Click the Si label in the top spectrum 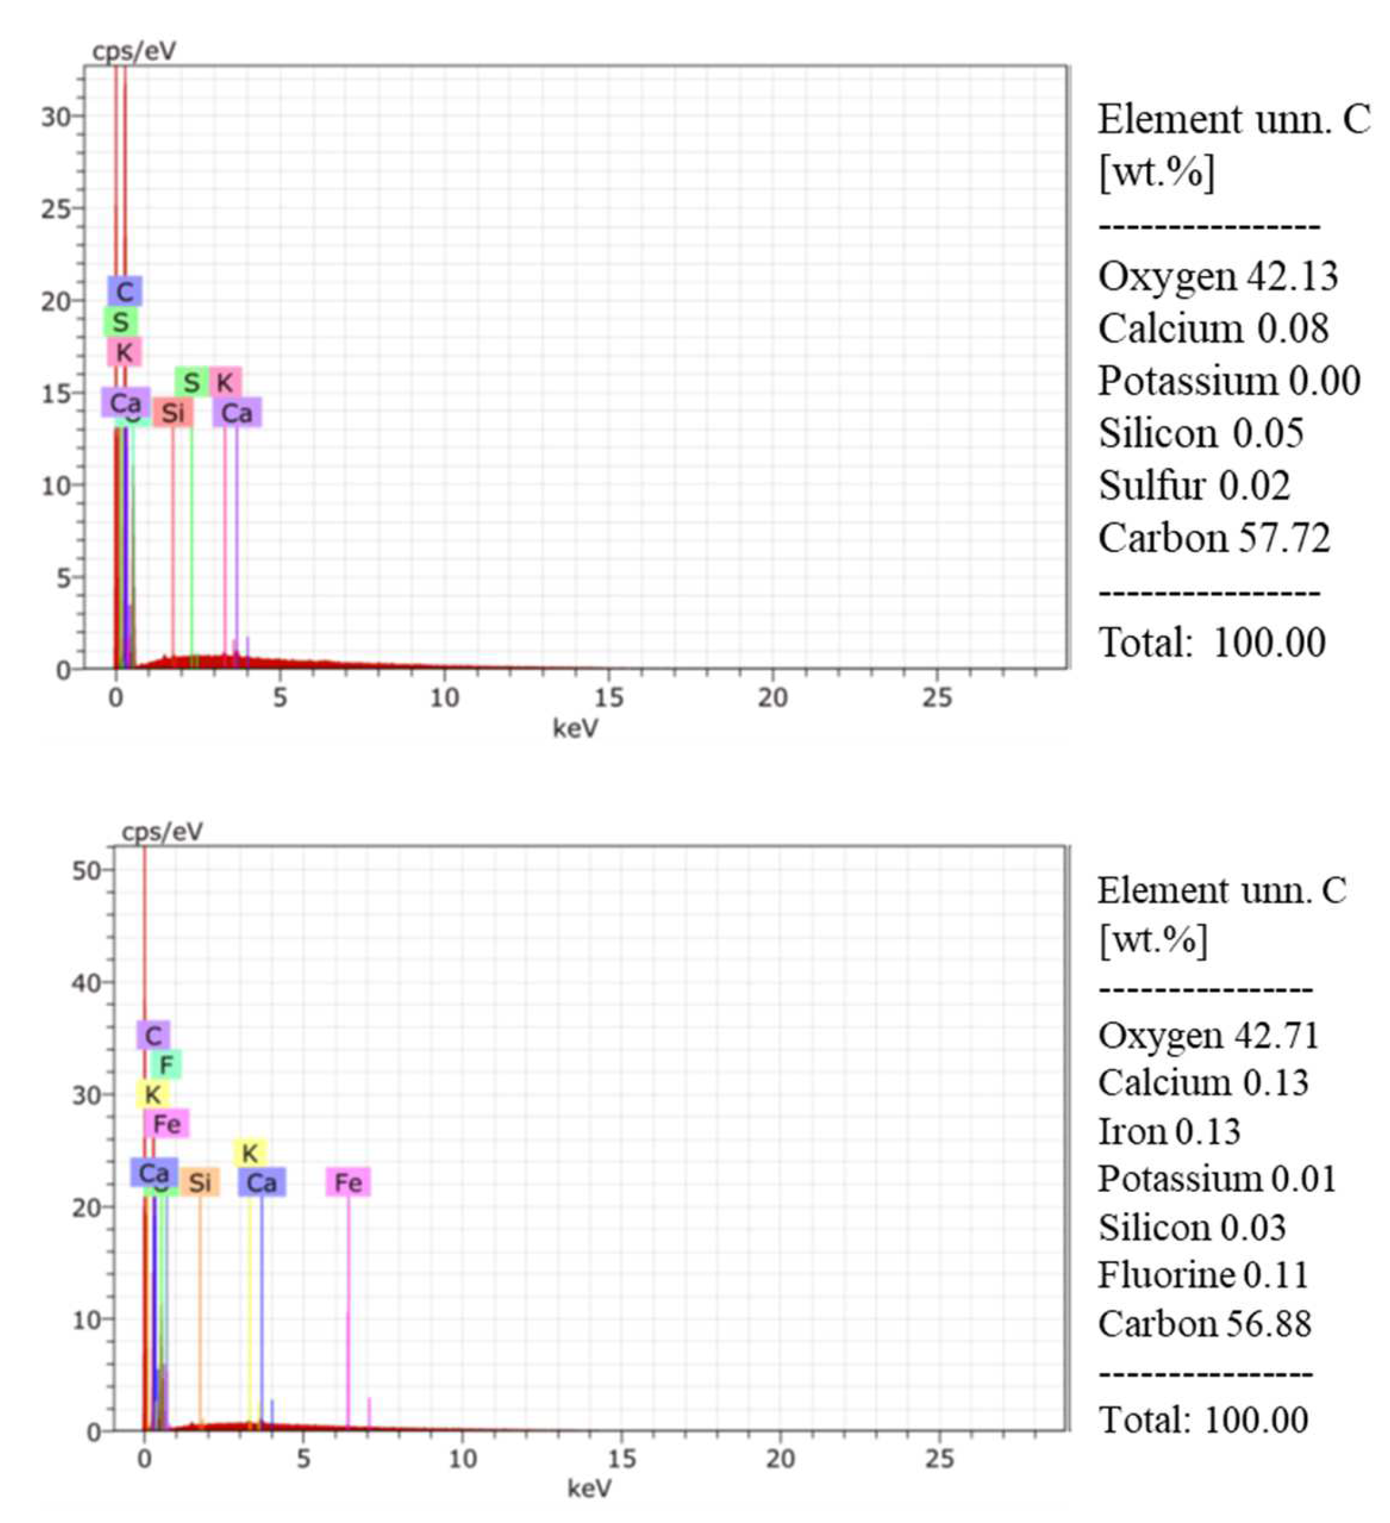click(x=173, y=412)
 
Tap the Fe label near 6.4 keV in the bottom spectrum click(x=348, y=1182)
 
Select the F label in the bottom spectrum click(x=165, y=1065)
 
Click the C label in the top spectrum click(x=125, y=291)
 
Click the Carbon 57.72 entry click(x=1213, y=538)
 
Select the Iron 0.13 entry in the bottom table click(x=1168, y=1132)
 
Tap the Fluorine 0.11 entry click(x=1203, y=1275)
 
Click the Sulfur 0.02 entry click(x=1194, y=486)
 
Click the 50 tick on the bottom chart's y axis click(x=86, y=871)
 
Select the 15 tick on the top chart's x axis click(x=608, y=698)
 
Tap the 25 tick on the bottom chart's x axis click(x=940, y=1459)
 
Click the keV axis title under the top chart click(x=576, y=728)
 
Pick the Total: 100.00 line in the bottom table click(x=1203, y=1420)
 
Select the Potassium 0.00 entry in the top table click(x=1229, y=381)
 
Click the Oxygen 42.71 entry click(x=1208, y=1035)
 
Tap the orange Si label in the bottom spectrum click(x=199, y=1182)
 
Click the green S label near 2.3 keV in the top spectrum click(x=192, y=382)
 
